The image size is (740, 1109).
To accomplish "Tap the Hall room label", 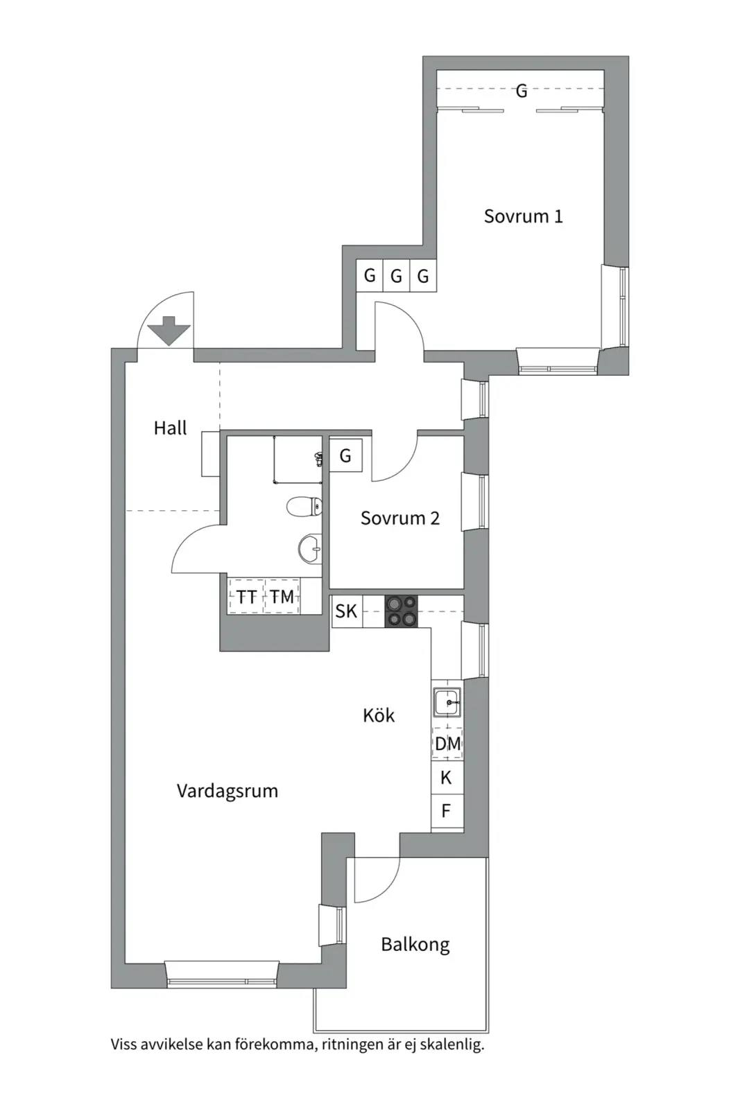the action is [x=170, y=428].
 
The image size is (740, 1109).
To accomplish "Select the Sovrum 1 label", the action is [x=523, y=216].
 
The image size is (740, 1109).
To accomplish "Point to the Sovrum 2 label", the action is [x=399, y=518].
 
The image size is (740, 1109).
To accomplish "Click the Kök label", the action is [x=379, y=715].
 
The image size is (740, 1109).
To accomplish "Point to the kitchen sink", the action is [x=447, y=702].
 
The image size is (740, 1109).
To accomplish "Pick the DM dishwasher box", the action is [x=447, y=744].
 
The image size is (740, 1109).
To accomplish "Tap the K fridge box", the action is [x=447, y=778].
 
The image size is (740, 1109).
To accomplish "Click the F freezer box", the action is [x=447, y=811].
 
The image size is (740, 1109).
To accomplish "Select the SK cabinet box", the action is [x=347, y=611].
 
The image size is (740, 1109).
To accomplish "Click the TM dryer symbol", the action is [x=282, y=597].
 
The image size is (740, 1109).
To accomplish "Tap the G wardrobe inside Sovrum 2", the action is [x=346, y=455].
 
